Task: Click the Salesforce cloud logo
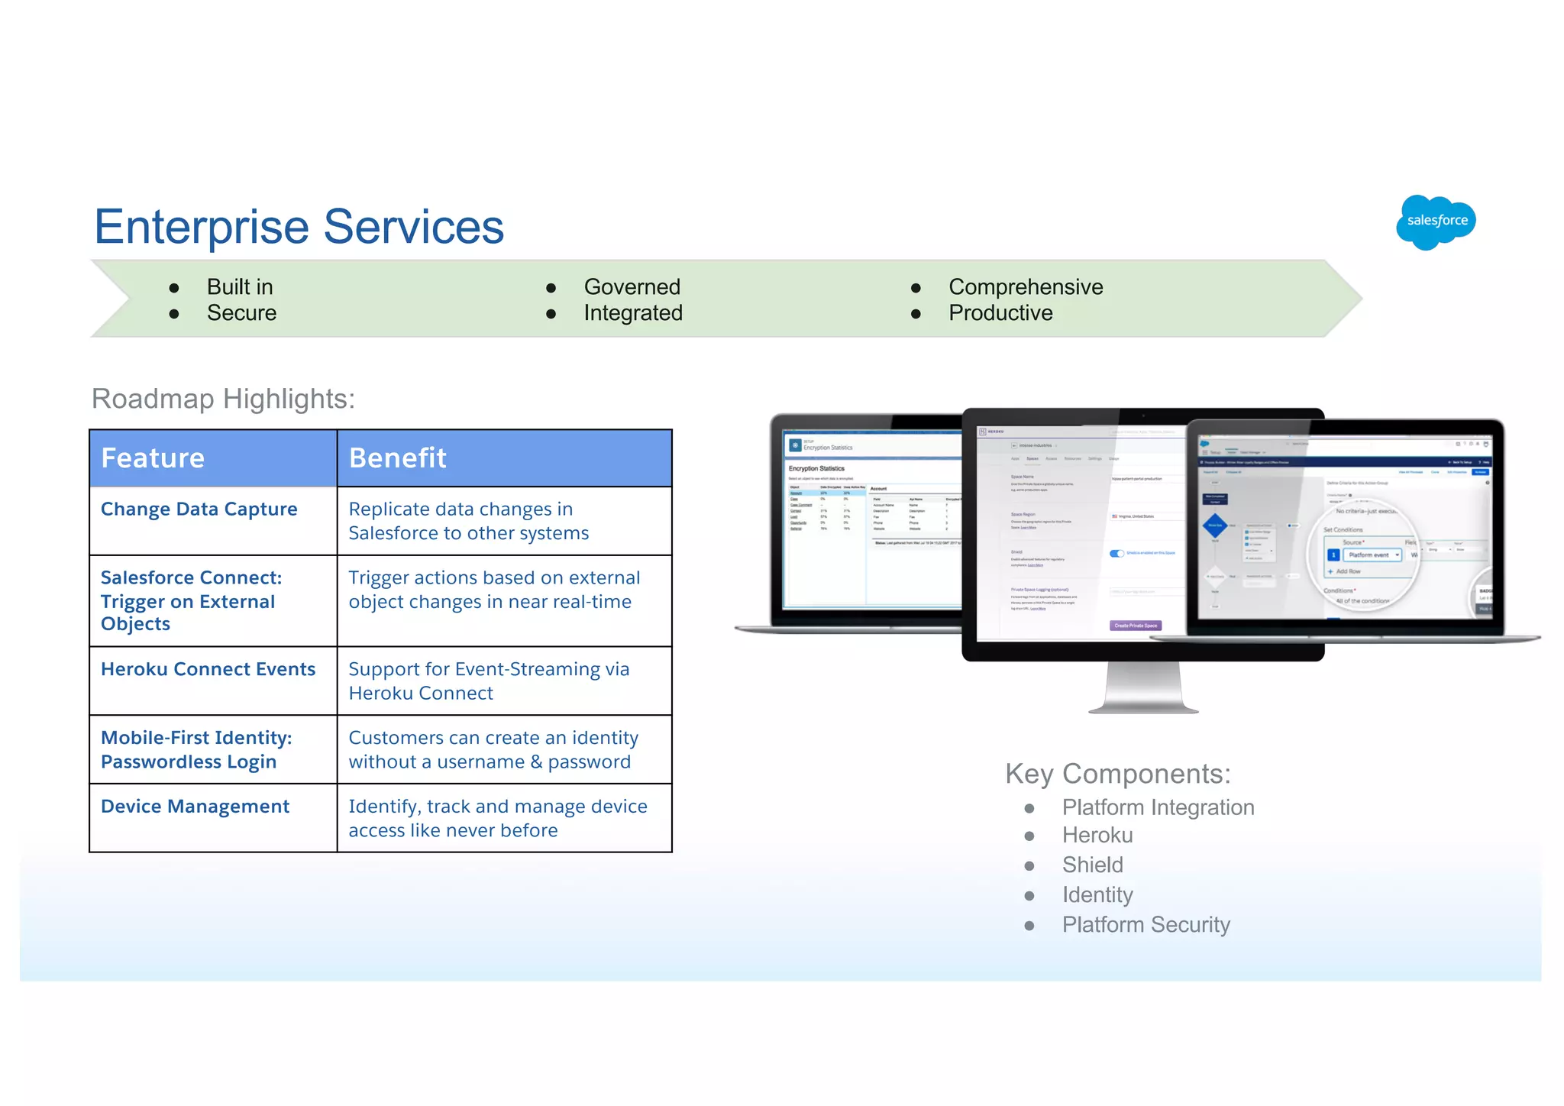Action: (1436, 222)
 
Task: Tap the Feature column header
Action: (153, 458)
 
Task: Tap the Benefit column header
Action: (397, 458)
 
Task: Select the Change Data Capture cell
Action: (199, 509)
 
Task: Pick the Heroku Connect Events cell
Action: (208, 669)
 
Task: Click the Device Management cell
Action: (195, 807)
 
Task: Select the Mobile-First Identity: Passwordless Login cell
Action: (196, 749)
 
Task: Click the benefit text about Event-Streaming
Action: (489, 681)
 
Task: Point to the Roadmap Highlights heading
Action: (223, 399)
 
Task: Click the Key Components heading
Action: (1117, 774)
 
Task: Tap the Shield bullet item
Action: (1092, 865)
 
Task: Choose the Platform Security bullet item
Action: (1146, 924)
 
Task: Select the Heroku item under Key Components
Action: (1097, 835)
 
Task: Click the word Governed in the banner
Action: (632, 287)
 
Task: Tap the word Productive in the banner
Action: (1000, 313)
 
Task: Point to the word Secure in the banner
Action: (241, 313)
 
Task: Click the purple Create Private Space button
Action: (1136, 626)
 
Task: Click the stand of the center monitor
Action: (1143, 687)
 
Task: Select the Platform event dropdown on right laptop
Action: (1372, 555)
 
